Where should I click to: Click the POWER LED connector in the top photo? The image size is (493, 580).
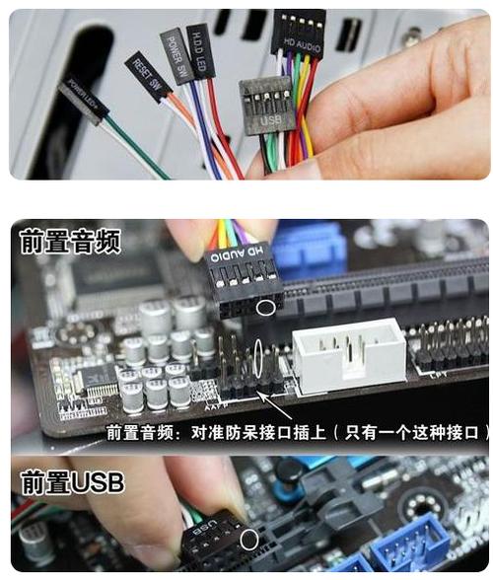(x=84, y=99)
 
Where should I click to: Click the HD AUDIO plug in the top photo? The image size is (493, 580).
(x=298, y=33)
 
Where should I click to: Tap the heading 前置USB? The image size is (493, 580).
(x=72, y=483)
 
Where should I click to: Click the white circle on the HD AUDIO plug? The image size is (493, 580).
(x=264, y=307)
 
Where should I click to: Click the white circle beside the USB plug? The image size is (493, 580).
(x=250, y=540)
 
